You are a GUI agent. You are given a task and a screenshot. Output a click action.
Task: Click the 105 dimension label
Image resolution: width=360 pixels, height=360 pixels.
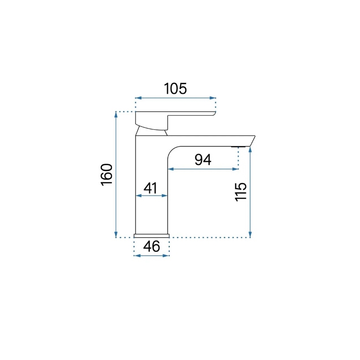point(175,88)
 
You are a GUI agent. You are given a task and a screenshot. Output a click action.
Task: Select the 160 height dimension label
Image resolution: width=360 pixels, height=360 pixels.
point(107,175)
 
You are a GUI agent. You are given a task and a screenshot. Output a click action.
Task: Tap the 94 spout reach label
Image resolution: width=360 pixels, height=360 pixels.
point(203,160)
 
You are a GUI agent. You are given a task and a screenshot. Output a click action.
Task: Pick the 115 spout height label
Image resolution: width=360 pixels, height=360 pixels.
point(241,192)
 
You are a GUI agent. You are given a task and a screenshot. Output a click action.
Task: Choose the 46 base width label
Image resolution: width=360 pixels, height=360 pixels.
point(151,246)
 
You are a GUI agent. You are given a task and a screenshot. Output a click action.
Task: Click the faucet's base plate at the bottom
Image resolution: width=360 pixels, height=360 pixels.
point(152,236)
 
